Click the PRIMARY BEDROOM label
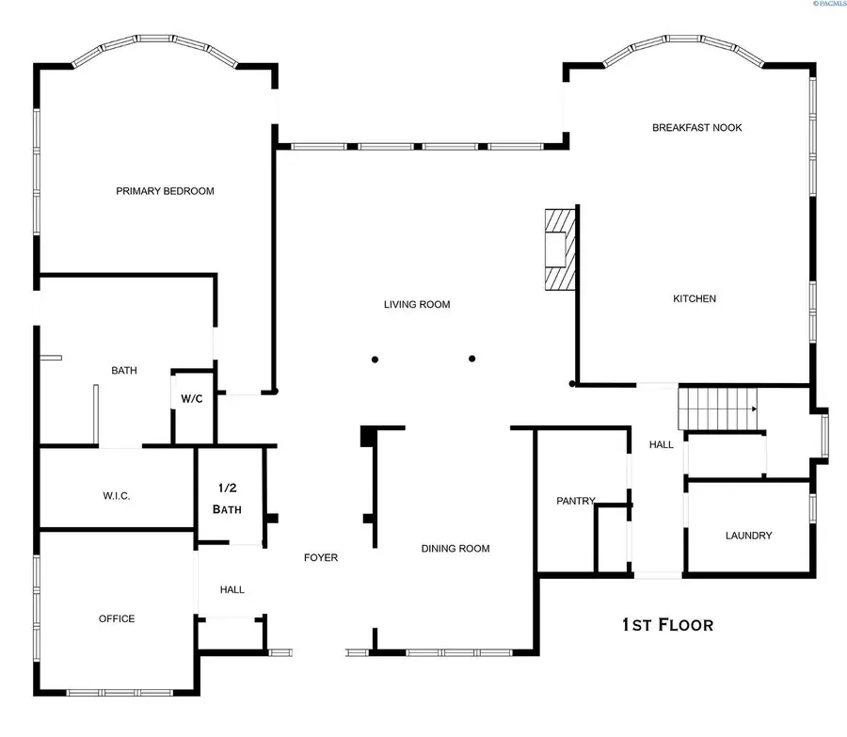(165, 191)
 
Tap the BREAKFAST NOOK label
(696, 127)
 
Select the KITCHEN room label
(695, 298)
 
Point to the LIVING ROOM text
(416, 304)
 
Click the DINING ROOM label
(455, 549)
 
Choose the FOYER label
(320, 557)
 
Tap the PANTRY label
(575, 501)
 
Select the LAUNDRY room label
(748, 536)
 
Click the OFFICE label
(117, 618)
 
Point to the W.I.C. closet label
(117, 495)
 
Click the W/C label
(191, 399)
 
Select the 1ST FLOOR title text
(667, 624)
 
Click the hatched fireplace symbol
(559, 250)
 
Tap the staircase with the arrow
(718, 407)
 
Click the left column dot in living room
(375, 359)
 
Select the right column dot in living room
(472, 358)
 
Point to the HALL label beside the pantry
(662, 444)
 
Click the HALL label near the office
(232, 589)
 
